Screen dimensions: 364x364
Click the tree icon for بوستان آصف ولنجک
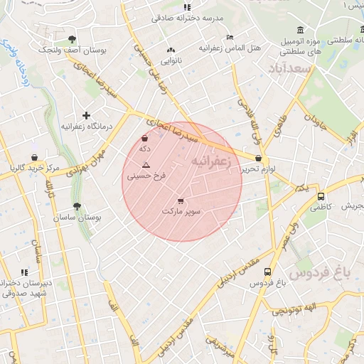[72, 39]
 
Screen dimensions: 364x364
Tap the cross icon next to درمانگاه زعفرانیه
[86, 115]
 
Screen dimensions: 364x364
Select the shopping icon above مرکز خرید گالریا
[34, 157]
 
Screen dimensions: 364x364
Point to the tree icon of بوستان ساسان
[77, 206]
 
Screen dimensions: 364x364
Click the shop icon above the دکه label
[145, 138]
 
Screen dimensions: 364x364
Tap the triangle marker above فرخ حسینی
[146, 164]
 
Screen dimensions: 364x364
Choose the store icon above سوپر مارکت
[181, 201]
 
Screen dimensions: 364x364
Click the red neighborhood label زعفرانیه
[210, 162]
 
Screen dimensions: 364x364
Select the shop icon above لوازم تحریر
[257, 159]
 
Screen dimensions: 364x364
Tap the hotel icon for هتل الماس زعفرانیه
[229, 38]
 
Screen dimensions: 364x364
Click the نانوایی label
[171, 61]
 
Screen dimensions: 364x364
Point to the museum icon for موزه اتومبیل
[301, 30]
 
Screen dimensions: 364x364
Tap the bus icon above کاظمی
[321, 196]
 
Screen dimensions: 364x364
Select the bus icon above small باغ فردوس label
[267, 272]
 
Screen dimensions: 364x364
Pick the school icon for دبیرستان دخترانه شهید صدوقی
[24, 272]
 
